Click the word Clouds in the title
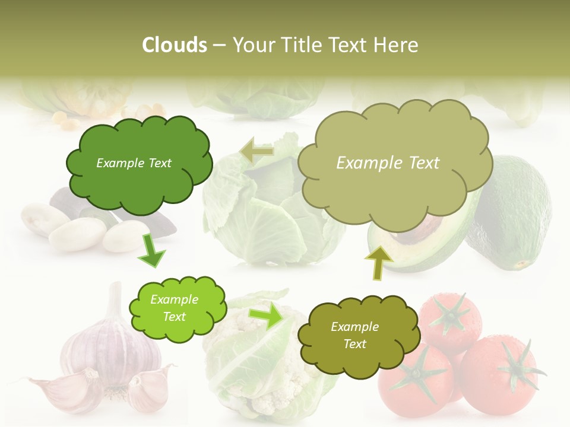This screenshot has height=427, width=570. pos(175,45)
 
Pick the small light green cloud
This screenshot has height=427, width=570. pos(176,308)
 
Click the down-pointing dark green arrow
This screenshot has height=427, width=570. pos(152,250)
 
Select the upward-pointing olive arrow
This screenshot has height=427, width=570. pos(378,262)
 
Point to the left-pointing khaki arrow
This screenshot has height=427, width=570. pos(256,152)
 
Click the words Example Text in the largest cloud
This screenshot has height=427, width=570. pos(388,163)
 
